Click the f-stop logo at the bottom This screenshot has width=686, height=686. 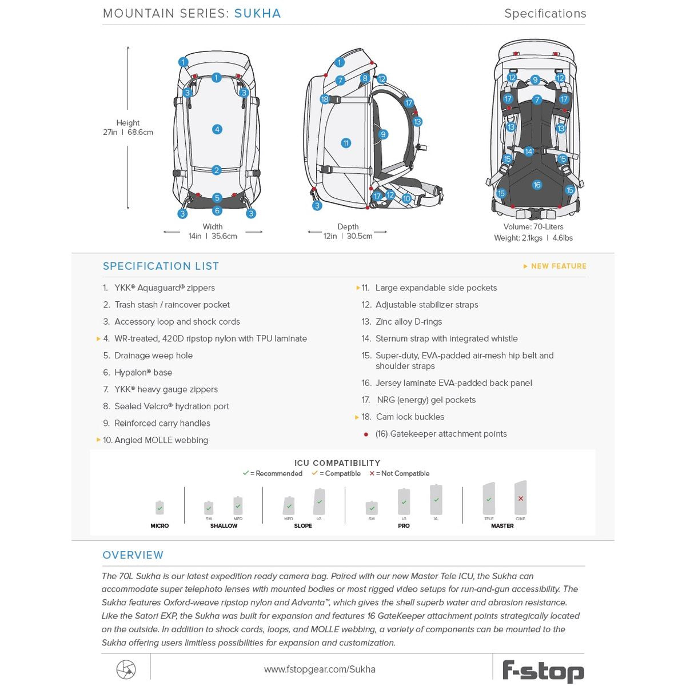[x=543, y=671]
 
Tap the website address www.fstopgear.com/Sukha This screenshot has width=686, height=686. [x=320, y=669]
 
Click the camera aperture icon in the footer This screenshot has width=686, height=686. [x=126, y=669]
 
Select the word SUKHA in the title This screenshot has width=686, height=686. [x=257, y=13]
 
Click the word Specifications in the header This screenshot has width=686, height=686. [x=545, y=13]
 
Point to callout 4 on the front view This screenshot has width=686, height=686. [x=217, y=129]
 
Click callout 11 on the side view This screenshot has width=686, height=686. [x=346, y=143]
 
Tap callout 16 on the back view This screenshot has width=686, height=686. [x=537, y=185]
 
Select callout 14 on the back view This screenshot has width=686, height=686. [x=529, y=151]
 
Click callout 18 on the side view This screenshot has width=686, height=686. [x=325, y=99]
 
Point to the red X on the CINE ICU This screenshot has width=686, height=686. [x=520, y=498]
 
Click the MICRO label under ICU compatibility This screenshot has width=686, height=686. [x=159, y=525]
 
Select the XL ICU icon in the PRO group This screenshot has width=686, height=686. [x=436, y=500]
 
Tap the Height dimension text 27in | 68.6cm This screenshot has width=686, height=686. [x=128, y=132]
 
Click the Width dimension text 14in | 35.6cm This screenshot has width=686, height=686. [x=213, y=236]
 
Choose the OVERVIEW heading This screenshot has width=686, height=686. [x=133, y=555]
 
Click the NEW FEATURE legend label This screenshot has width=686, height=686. [x=558, y=266]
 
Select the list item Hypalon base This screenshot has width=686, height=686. [x=143, y=372]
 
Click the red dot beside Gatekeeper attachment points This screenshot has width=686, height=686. [x=366, y=434]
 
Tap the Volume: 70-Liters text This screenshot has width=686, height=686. [x=533, y=227]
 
